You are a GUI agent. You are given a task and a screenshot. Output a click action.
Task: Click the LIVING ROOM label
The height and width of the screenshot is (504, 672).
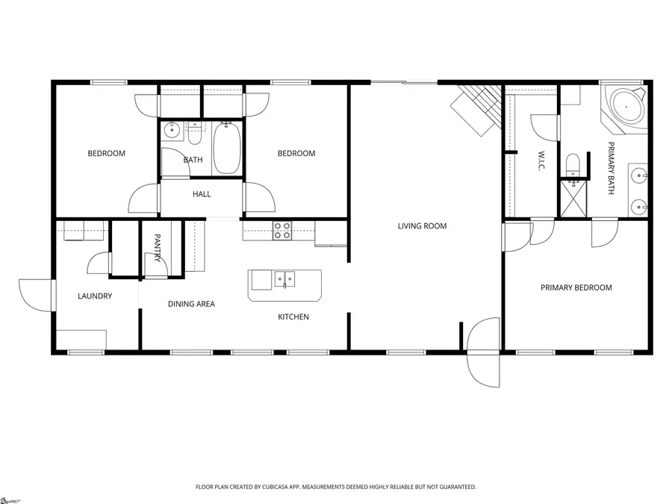pos(422,225)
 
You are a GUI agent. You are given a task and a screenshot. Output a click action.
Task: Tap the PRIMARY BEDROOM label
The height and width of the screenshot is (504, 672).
pos(576,287)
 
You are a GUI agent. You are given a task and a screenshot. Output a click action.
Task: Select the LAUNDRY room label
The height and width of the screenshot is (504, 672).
pos(95,296)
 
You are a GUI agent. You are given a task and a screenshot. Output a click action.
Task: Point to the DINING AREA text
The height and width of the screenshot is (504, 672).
pos(191,304)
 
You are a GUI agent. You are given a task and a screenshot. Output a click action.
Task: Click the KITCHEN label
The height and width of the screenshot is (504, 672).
pos(293,317)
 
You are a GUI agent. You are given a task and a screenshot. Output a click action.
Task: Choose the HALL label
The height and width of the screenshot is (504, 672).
pos(202,194)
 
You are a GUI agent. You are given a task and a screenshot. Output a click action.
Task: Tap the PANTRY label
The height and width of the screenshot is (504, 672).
pos(158,248)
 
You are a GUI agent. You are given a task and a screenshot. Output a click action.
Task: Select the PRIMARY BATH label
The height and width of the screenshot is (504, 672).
pos(611,168)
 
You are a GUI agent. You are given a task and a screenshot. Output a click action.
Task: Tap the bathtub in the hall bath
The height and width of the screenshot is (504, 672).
pos(226,148)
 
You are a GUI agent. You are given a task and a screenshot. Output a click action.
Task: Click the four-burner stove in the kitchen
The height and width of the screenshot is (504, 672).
pos(282,231)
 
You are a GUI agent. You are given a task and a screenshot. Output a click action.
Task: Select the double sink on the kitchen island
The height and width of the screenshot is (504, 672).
pos(284,280)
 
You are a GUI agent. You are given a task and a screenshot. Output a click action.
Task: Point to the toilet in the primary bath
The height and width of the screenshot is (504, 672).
pos(573,163)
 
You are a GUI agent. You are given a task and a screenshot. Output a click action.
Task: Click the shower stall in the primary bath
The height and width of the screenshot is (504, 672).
pos(573,197)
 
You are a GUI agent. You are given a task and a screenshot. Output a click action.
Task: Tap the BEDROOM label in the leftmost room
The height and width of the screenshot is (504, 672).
pos(107,154)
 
